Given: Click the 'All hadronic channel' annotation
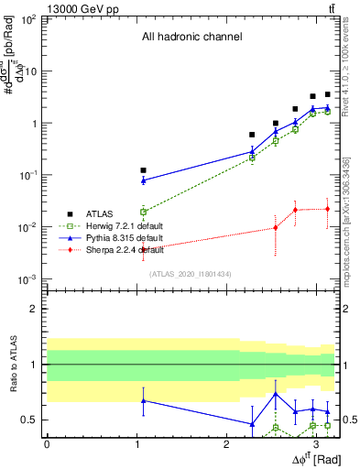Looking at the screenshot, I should point(191,38).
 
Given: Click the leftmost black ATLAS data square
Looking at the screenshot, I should point(143,170).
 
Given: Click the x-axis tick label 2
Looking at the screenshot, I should point(226,443).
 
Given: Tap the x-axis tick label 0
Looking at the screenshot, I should point(46,443).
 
